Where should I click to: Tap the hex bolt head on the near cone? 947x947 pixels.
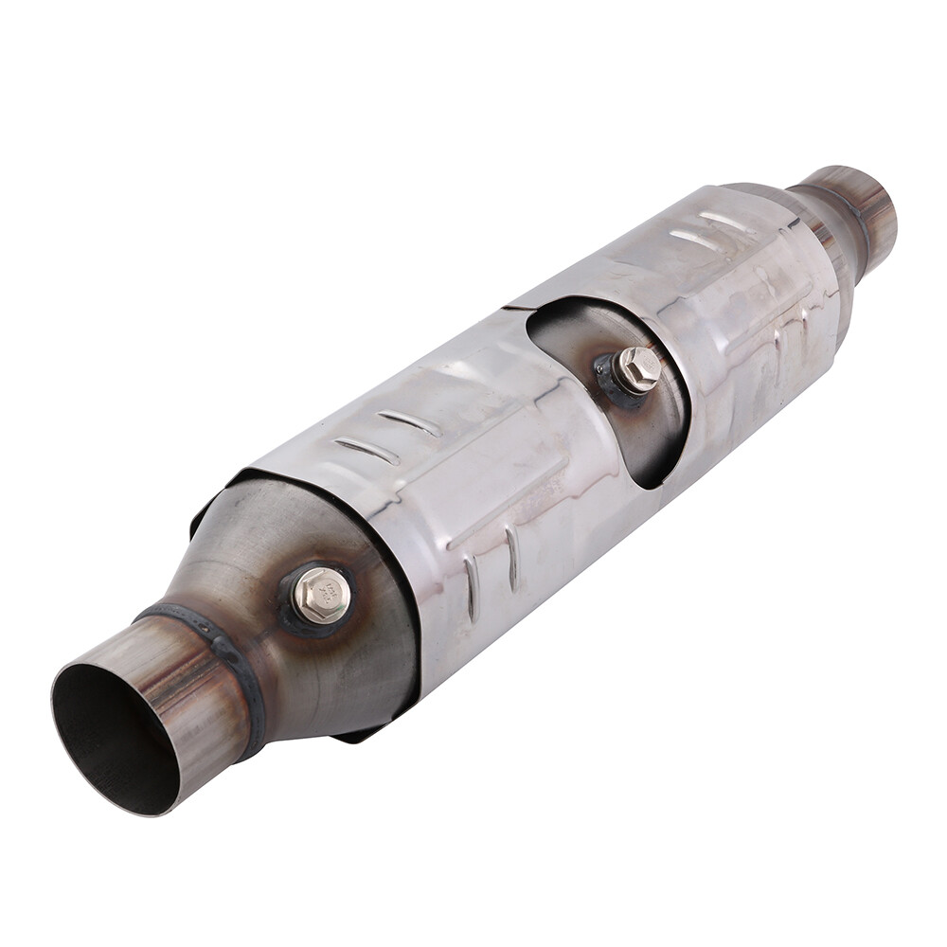[322, 595]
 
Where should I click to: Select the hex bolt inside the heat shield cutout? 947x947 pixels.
[637, 368]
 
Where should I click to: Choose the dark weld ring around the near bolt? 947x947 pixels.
[294, 620]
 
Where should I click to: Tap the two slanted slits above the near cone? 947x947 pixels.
[388, 436]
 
